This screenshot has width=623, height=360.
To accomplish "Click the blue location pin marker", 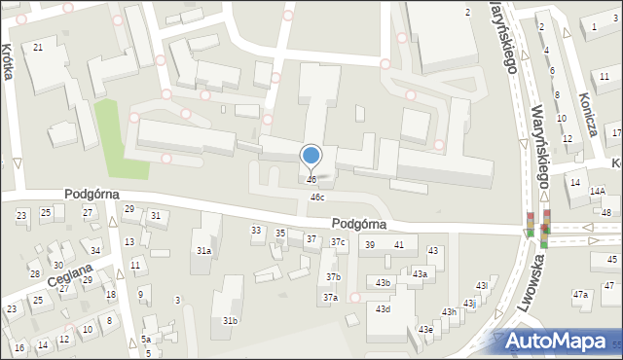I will point(311,156).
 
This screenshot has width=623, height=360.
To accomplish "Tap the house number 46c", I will point(317,198).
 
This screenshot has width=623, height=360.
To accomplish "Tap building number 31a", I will point(203,251).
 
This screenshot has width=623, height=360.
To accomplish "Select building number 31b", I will point(230,321).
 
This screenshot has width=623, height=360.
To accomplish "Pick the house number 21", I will point(38,48).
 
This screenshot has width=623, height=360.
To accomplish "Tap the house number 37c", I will point(338,242).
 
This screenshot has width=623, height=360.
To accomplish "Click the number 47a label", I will point(581,294).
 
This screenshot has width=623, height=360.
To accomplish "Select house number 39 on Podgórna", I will point(370,244).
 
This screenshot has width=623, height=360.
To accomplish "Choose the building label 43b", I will point(383,283).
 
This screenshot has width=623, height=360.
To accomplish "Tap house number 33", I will point(256,231).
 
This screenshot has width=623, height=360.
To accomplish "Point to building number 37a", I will point(331,298).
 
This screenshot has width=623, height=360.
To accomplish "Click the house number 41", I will point(399,244).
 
